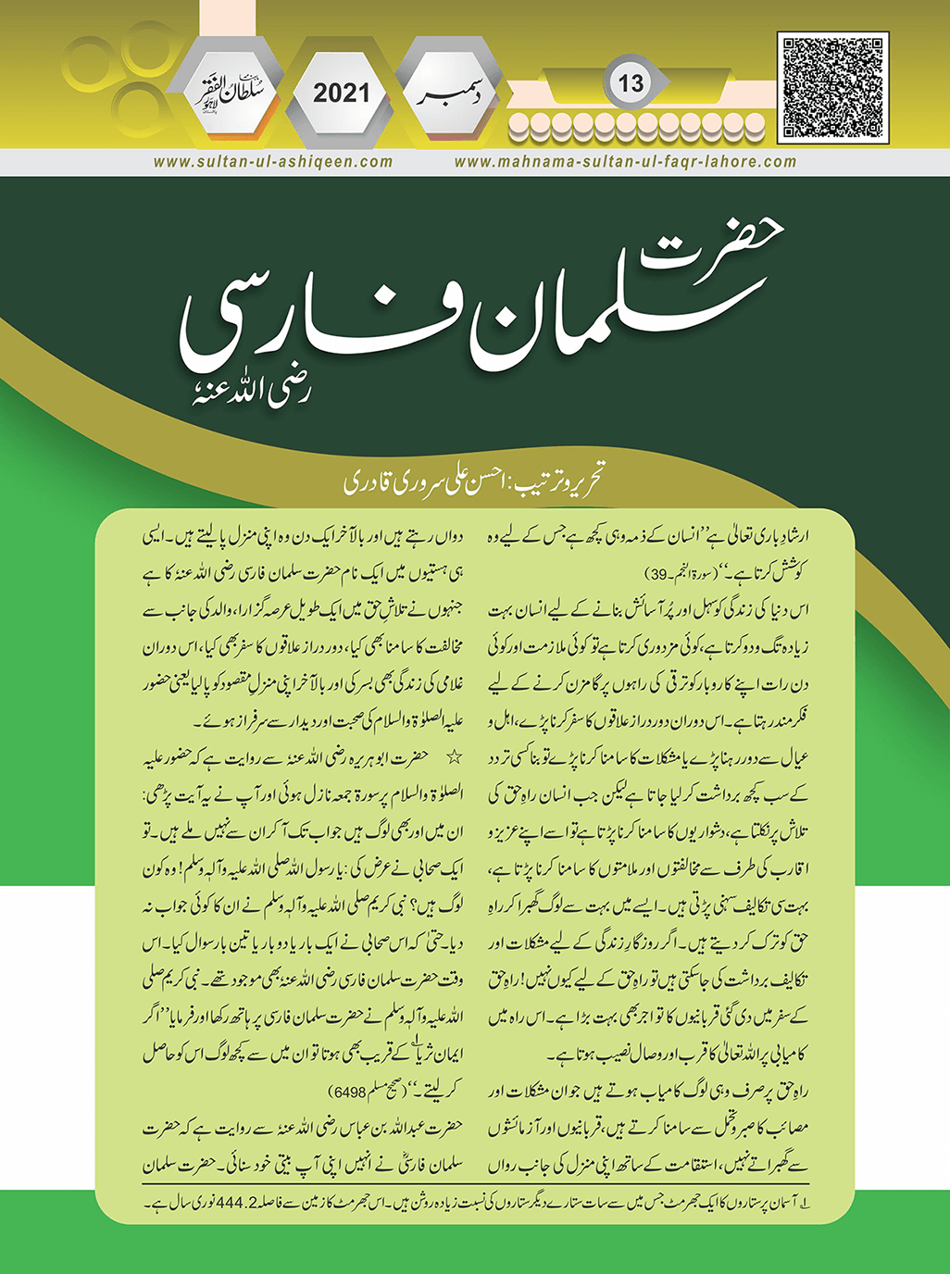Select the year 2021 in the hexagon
coord(341,93)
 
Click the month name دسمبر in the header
coord(454,94)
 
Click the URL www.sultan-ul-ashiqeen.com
coord(273,161)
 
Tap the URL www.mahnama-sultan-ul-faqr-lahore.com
coord(625,161)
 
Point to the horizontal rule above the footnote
coord(474,1183)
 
